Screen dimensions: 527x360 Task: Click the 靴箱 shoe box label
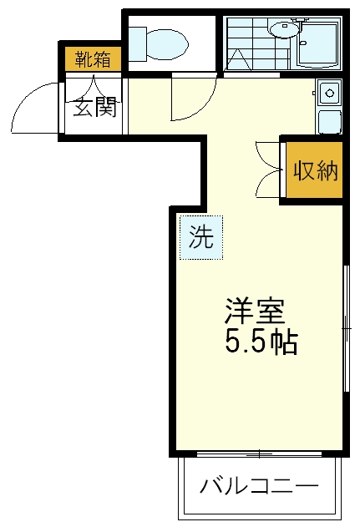[92, 59]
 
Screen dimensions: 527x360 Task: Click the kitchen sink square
[328, 91]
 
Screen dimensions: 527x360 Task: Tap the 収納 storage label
[315, 171]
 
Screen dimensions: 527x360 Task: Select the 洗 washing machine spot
[200, 238]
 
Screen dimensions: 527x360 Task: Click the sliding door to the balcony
[259, 454]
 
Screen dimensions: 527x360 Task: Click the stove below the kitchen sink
[329, 121]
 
